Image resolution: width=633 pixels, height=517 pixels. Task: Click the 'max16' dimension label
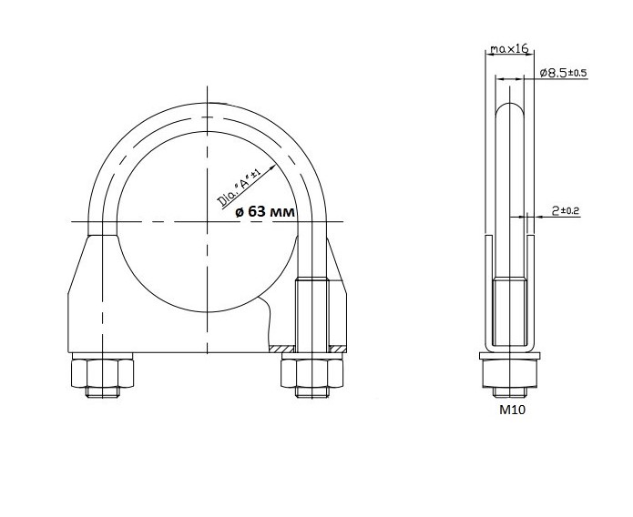pos(509,49)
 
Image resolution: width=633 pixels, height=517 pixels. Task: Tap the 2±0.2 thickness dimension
pos(566,210)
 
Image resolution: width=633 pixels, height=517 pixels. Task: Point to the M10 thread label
pos(512,410)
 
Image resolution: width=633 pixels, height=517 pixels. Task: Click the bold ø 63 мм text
pos(265,211)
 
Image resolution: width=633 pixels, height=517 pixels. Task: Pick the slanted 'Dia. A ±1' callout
pos(239,189)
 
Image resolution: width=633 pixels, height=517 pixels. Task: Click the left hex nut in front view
pos(102,373)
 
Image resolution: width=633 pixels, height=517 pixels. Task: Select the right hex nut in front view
pos(311,373)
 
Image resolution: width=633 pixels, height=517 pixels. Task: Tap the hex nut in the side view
pos(510,374)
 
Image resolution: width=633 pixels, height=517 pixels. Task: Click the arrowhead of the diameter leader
pos(271,167)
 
